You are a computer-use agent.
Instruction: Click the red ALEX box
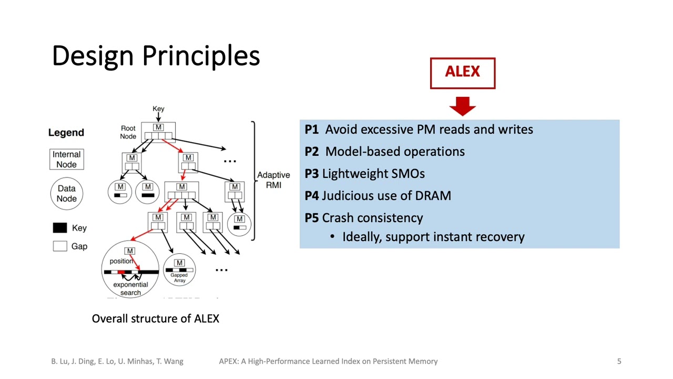point(463,73)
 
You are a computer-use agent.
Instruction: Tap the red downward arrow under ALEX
point(463,106)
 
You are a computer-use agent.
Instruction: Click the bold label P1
point(312,129)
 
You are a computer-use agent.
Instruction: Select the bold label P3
point(312,174)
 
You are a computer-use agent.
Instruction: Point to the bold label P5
point(312,218)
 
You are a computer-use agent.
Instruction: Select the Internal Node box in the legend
point(66,159)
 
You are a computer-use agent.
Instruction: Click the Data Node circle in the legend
point(66,193)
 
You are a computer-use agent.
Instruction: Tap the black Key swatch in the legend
point(60,228)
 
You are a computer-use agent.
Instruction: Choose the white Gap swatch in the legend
point(60,246)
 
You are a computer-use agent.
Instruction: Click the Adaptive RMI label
point(273,180)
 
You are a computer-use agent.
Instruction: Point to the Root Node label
point(128,132)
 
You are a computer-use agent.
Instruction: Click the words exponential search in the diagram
point(130,288)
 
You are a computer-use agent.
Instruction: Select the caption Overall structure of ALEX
point(156,318)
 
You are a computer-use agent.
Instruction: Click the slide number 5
point(619,361)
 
